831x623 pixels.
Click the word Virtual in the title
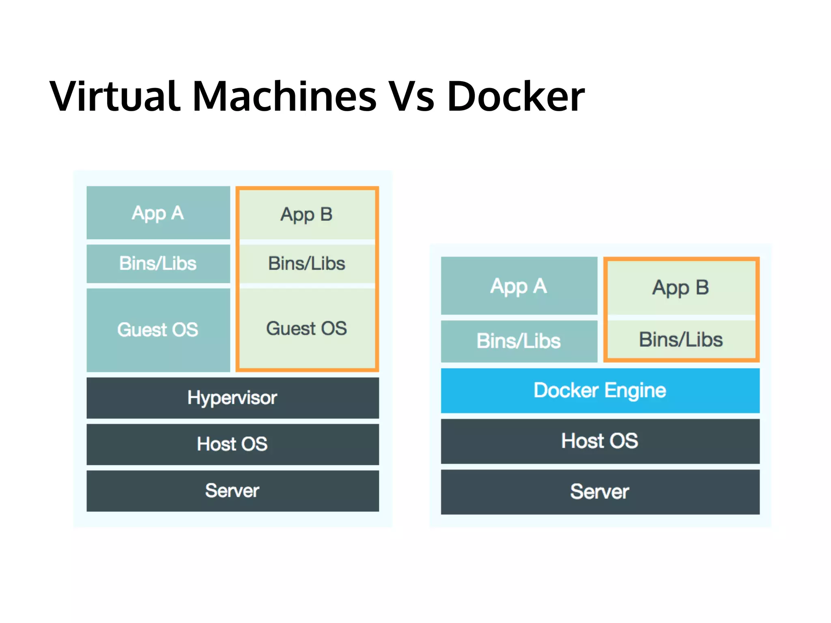coord(115,97)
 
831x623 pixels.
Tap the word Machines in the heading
coord(284,97)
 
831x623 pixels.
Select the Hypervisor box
coord(233,398)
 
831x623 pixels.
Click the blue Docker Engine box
coord(600,391)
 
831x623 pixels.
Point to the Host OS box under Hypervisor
coord(233,444)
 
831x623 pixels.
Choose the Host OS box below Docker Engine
coord(600,441)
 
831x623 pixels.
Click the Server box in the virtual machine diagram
coord(233,491)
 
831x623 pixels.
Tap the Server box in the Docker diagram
coord(600,492)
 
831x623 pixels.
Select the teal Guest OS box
coord(158,330)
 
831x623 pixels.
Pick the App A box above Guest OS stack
coord(158,213)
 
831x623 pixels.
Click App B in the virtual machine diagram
coord(307,214)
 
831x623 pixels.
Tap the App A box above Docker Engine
coord(519,286)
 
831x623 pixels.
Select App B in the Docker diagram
coord(681,287)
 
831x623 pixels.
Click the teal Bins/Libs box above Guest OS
coord(158,264)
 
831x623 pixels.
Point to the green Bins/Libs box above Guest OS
coord(307,264)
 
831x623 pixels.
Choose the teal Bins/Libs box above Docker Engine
coord(519,341)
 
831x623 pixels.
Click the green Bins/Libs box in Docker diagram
coord(681,339)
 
